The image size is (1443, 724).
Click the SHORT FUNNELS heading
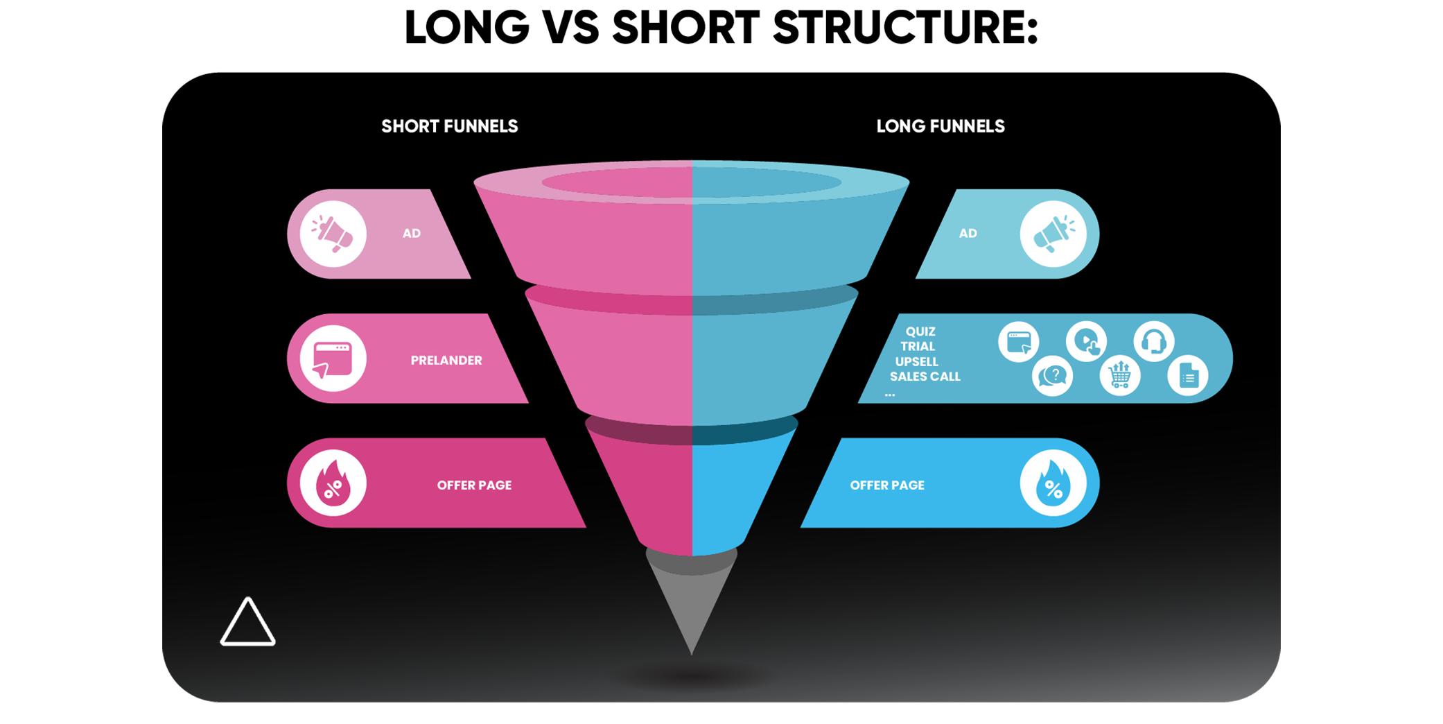click(x=449, y=126)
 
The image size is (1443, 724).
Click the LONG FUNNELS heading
click(x=940, y=126)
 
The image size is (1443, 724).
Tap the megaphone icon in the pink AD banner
click(x=333, y=234)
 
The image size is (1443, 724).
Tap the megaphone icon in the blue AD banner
click(x=1053, y=234)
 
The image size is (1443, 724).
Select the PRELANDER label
click(x=446, y=360)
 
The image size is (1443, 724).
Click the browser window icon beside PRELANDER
click(x=333, y=359)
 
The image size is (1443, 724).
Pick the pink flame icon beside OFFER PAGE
click(x=333, y=483)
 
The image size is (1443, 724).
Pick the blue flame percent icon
click(x=1053, y=483)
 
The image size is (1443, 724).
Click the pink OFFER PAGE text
click(x=474, y=485)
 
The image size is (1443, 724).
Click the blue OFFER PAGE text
click(x=886, y=485)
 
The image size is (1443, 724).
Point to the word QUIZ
click(x=920, y=331)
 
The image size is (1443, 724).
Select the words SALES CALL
click(x=925, y=377)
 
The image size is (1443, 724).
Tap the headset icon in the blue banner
click(x=1153, y=341)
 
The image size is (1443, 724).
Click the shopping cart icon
click(x=1119, y=375)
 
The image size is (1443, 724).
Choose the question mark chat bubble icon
click(x=1052, y=377)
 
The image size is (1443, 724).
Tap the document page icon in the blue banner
click(x=1188, y=377)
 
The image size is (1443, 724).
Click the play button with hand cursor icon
click(x=1086, y=341)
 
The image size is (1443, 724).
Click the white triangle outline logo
click(x=247, y=623)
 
